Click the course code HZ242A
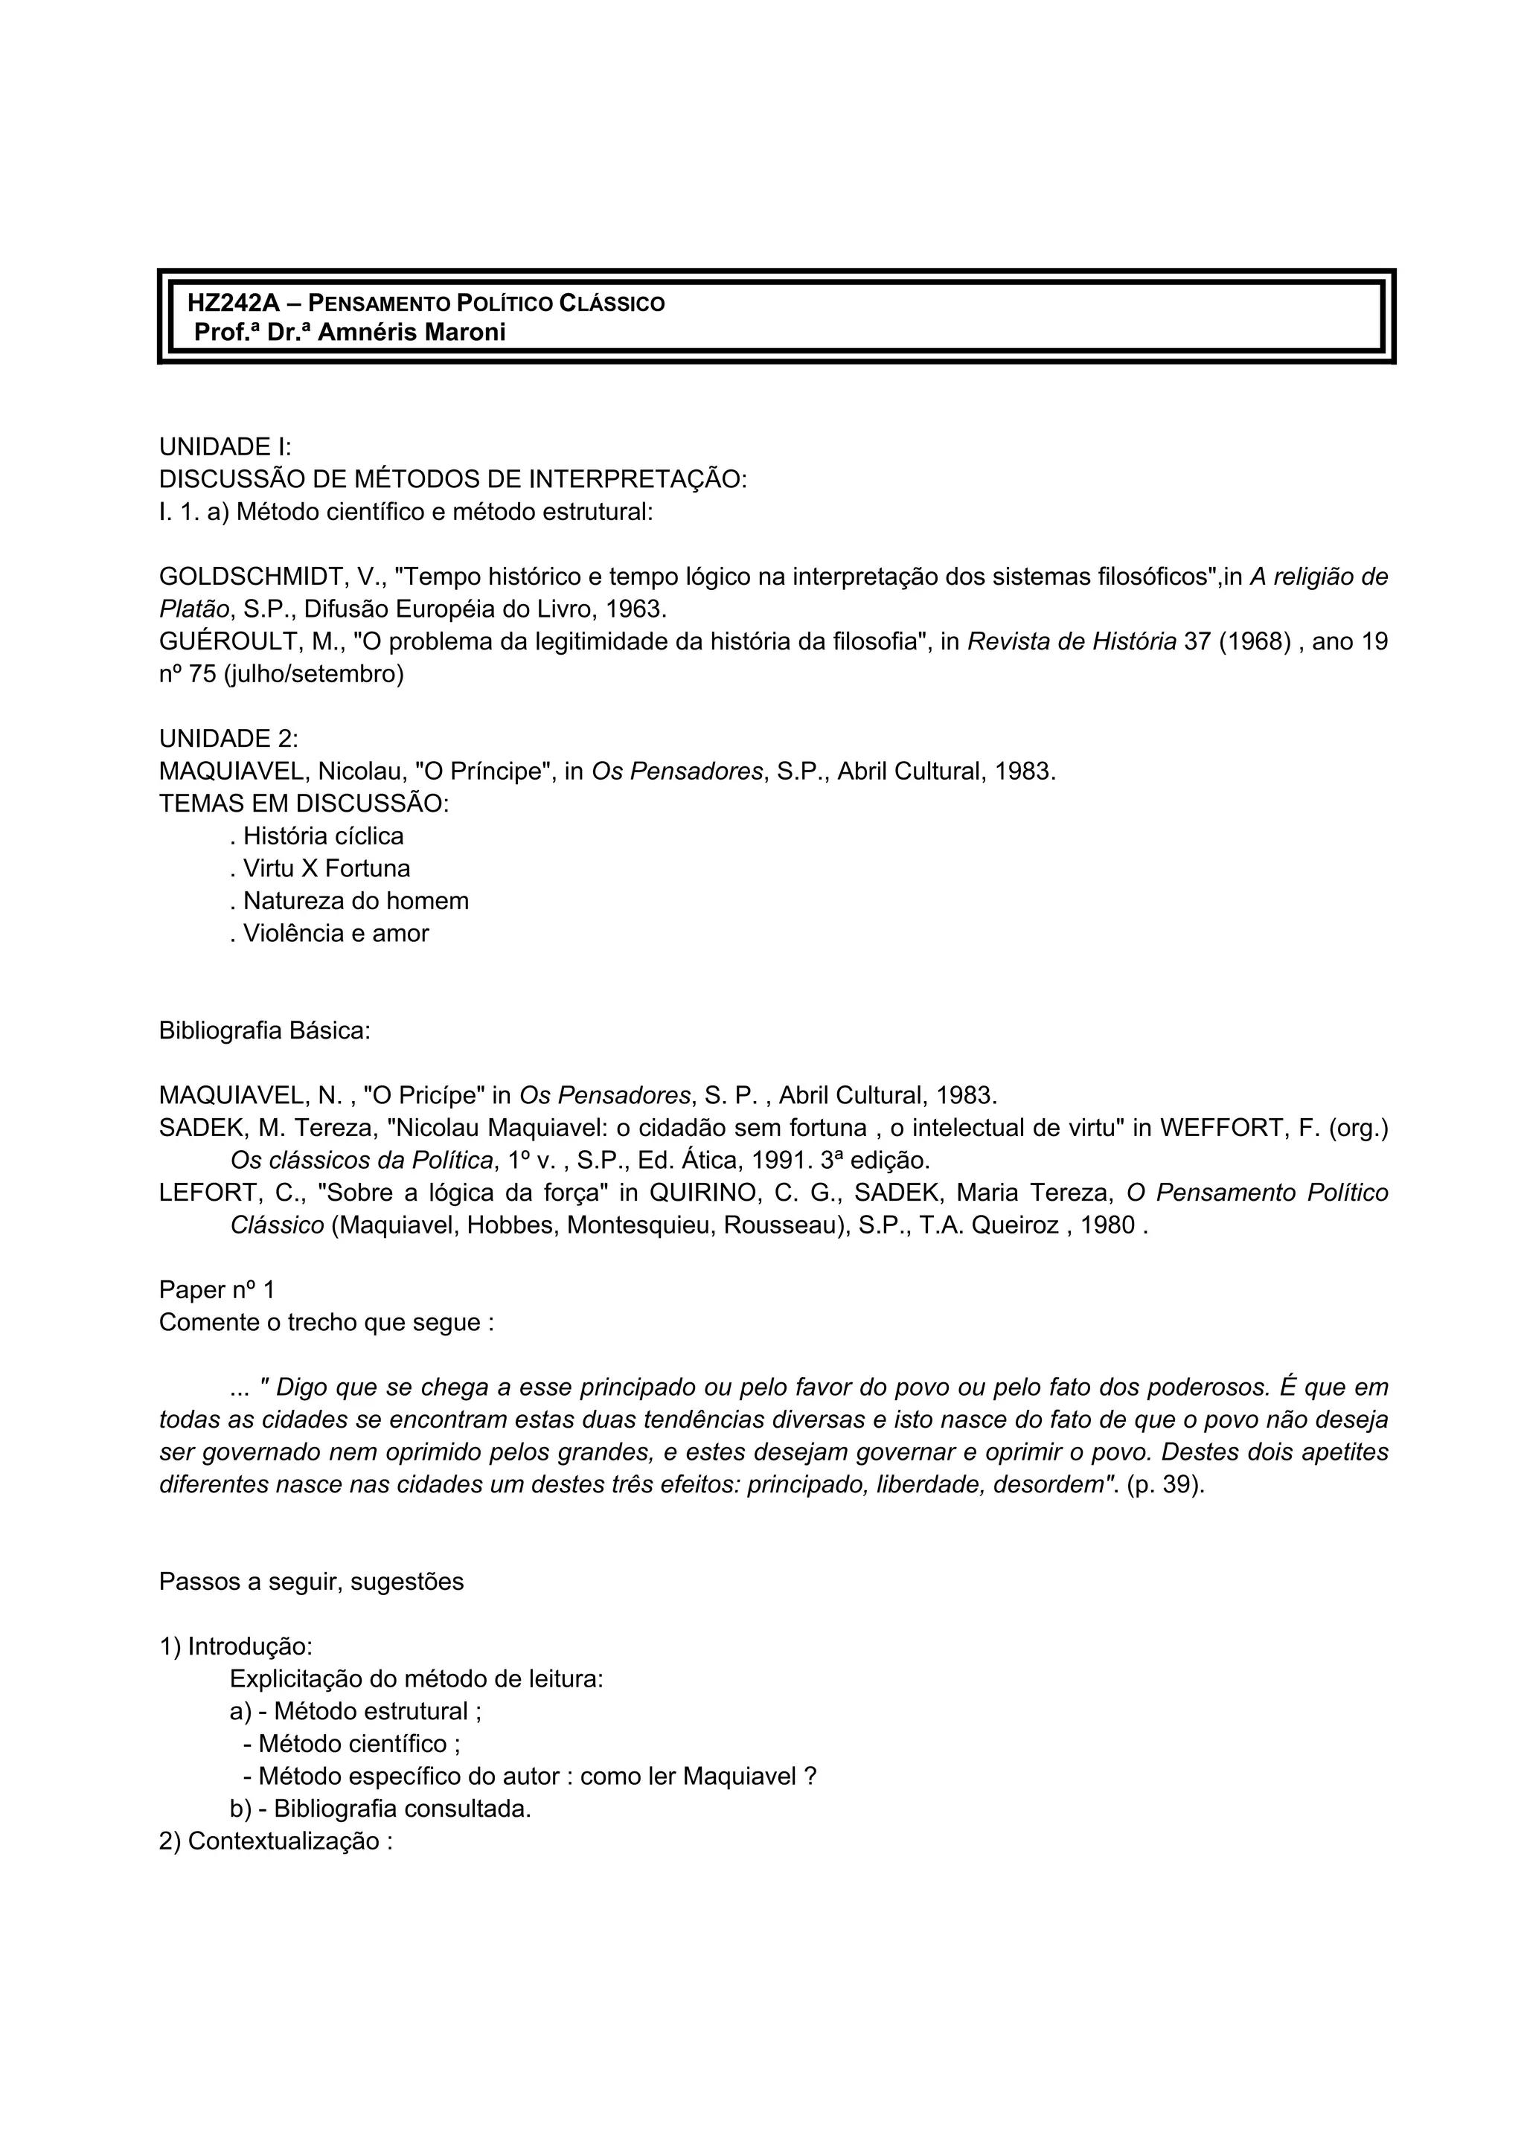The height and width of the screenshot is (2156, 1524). pos(234,304)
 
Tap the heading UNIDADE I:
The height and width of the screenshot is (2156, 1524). pos(225,447)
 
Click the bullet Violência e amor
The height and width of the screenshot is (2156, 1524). pos(330,934)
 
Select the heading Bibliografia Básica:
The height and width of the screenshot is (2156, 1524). pos(265,1031)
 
